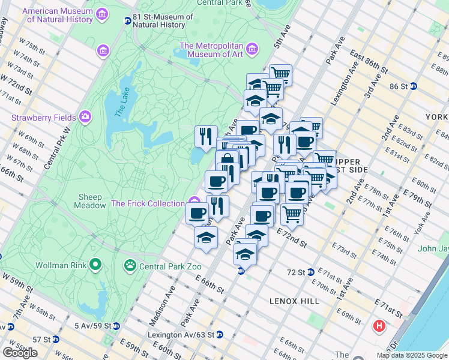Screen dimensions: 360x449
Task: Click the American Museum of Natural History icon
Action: point(101,14)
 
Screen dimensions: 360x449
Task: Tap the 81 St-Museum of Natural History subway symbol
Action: point(127,21)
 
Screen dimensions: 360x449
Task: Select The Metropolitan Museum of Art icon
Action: point(251,47)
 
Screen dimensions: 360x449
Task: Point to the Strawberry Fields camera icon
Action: point(85,115)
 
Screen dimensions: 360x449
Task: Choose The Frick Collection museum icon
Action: point(193,202)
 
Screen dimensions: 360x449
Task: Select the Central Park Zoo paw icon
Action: point(130,265)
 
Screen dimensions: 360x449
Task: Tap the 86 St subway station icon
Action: point(414,86)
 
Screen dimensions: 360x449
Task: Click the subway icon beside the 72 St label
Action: point(310,272)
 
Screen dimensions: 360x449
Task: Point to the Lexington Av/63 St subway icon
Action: point(219,334)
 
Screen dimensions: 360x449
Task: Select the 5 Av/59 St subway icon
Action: point(116,326)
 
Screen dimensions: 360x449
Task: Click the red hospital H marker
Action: point(379,326)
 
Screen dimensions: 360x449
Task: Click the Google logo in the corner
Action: point(20,352)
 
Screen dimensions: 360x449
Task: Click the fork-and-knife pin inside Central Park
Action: point(205,136)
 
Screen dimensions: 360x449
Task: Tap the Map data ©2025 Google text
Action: point(411,355)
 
